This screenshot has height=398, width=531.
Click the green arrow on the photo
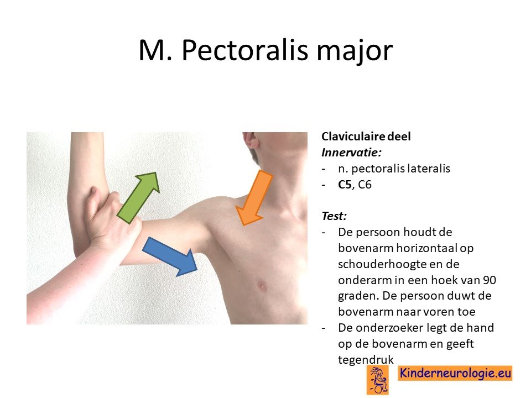click(x=138, y=198)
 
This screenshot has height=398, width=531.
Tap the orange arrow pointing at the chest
click(x=254, y=198)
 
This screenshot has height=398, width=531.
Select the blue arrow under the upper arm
click(x=170, y=256)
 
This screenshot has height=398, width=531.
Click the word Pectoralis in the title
click(x=245, y=50)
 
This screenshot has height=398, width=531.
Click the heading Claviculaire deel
click(x=366, y=137)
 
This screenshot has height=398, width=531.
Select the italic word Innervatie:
click(x=352, y=153)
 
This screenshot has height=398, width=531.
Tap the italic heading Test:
click(x=334, y=216)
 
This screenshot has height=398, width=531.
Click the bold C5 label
click(x=345, y=185)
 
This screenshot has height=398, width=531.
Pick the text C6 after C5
click(x=365, y=185)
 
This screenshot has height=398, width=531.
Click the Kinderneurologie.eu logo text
click(x=455, y=373)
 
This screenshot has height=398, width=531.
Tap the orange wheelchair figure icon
click(x=378, y=381)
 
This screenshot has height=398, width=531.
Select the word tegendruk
click(x=366, y=359)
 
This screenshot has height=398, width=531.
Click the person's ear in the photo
click(x=251, y=139)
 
